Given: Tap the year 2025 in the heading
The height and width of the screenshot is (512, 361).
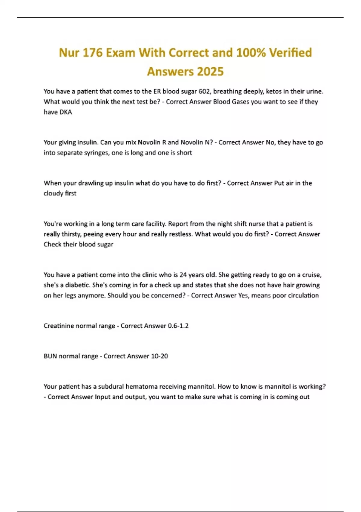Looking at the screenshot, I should click(x=210, y=72).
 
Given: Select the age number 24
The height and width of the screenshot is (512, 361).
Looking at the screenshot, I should click(x=183, y=275).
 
